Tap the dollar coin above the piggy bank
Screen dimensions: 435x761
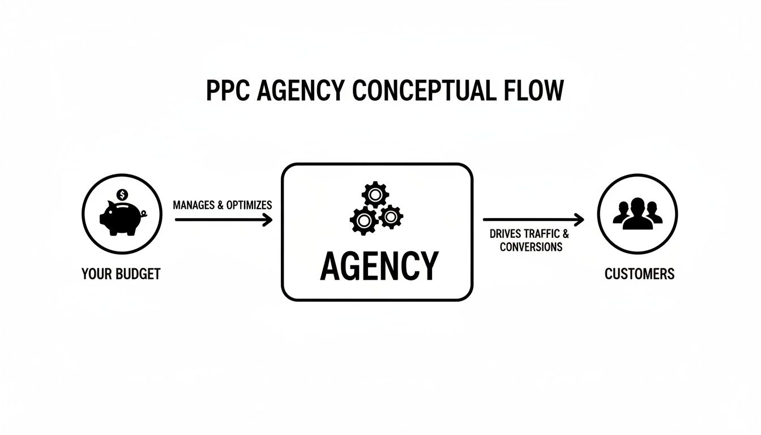pyautogui.click(x=122, y=195)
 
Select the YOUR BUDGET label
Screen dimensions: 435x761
pyautogui.click(x=121, y=274)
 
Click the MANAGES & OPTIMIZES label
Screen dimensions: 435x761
pyautogui.click(x=223, y=205)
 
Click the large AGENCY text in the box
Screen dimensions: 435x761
pyautogui.click(x=379, y=266)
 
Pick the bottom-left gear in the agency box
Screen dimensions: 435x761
pyautogui.click(x=364, y=220)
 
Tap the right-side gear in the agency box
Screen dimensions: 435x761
pyautogui.click(x=391, y=216)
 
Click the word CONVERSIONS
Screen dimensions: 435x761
pyautogui.click(x=531, y=247)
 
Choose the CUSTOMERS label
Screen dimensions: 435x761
pyautogui.click(x=639, y=274)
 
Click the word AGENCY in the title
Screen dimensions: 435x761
pyautogui.click(x=300, y=91)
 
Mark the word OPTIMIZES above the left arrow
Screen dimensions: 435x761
pyautogui.click(x=249, y=205)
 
